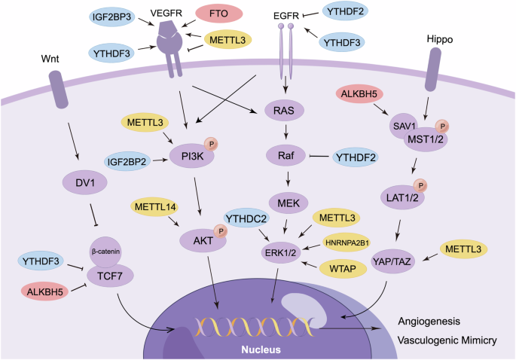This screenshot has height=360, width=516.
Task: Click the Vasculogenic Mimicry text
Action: (x=447, y=340)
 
